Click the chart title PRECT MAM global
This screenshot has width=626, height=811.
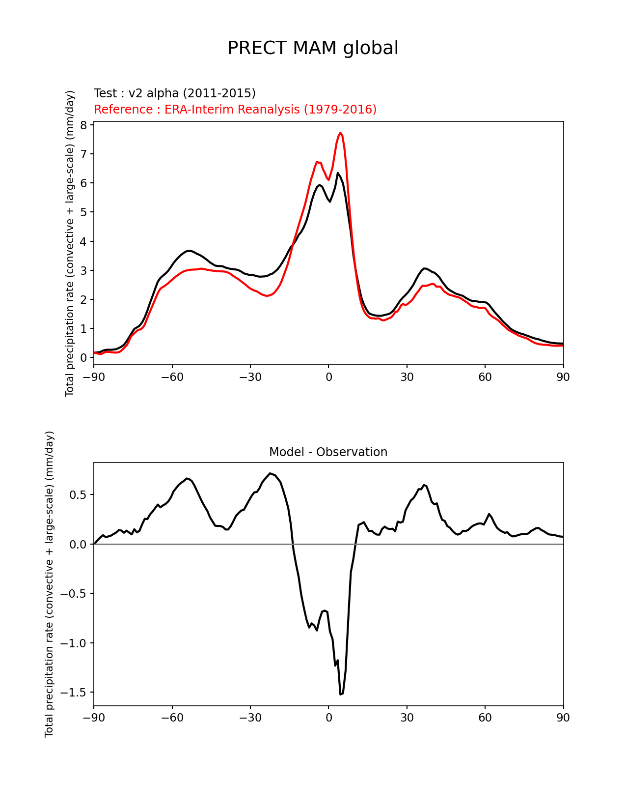313,48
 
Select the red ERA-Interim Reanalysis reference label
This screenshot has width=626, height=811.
235,109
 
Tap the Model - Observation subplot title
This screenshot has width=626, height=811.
328,452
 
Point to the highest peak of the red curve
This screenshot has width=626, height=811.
340,133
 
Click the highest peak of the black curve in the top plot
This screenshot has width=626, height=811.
337,173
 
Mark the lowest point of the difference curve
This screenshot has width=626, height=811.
340,695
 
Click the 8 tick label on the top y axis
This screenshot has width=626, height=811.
83,125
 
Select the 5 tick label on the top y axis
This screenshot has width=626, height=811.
83,212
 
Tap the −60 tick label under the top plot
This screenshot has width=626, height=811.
172,377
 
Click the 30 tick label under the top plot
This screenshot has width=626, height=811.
407,377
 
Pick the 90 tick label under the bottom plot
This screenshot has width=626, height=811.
563,717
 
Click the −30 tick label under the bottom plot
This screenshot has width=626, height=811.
250,717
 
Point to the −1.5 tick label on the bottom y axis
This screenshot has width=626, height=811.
73,693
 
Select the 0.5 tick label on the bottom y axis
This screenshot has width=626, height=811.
78,495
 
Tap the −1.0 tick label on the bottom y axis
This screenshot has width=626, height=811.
73,643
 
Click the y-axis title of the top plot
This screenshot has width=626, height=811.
70,243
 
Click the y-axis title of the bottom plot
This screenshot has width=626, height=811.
49,584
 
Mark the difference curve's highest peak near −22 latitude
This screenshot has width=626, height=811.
270,473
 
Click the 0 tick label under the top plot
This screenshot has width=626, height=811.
328,377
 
